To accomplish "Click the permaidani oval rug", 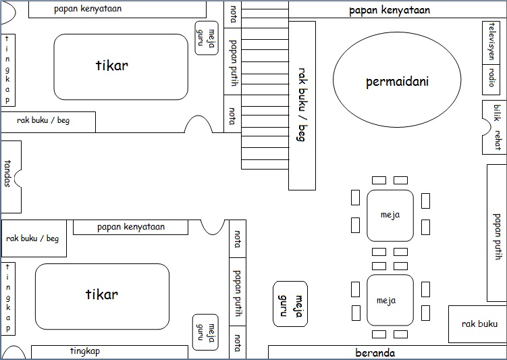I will [398, 82].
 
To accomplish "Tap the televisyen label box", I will [491, 42].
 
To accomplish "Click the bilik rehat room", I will [496, 127].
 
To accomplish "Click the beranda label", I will [375, 353].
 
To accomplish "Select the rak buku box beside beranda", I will [478, 324].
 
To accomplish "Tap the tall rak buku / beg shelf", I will [302, 105].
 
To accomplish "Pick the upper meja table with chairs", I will [390, 215].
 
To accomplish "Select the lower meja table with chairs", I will [390, 300].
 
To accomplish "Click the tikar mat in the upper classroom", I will [121, 66].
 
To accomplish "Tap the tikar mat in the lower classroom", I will [102, 295].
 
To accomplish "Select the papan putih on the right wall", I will [497, 233].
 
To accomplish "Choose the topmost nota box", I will [232, 14].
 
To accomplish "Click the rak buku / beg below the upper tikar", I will [48, 122].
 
